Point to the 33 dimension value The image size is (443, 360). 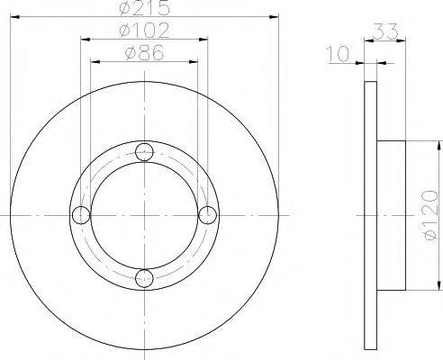(384, 32)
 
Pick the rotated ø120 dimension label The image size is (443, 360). (431, 216)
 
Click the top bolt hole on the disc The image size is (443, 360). (144, 152)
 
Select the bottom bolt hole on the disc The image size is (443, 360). (144, 278)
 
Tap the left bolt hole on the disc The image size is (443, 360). (81, 215)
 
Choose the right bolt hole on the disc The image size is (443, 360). (207, 215)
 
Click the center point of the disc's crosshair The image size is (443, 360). (144, 215)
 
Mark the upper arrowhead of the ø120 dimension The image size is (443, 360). (438, 144)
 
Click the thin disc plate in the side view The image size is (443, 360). (370, 216)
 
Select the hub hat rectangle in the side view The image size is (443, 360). (391, 216)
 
